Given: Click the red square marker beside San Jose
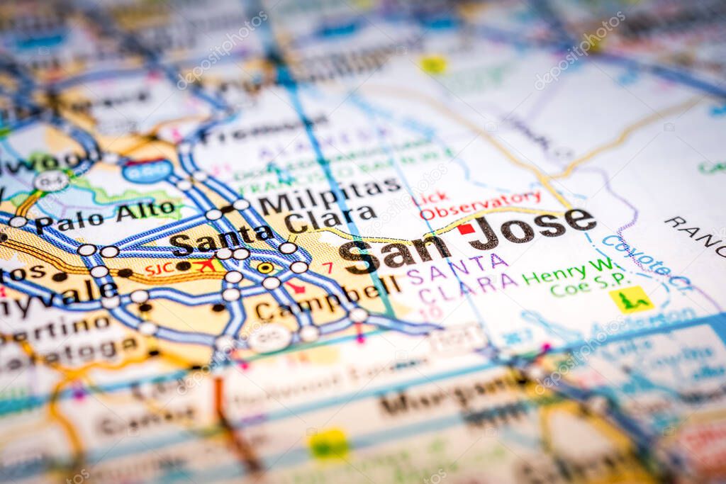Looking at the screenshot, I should [466, 228].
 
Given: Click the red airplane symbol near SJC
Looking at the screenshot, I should [206, 265].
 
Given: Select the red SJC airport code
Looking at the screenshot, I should [160, 269].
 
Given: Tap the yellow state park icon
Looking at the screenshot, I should [631, 299].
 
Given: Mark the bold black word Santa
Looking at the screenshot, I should [221, 239].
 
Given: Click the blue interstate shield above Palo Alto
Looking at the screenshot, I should [147, 171].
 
